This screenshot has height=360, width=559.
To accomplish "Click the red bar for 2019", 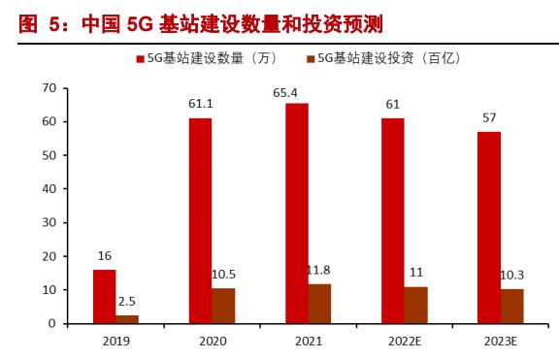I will coord(104,296).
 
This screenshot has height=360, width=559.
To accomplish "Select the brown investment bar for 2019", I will coord(127,318).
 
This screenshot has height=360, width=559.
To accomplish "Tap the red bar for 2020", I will coord(200,221).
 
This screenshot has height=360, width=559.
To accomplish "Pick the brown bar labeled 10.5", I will coord(223,306).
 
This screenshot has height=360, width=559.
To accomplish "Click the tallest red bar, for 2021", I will coord(297,213).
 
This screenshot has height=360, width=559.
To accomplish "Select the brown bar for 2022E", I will coord(416,305).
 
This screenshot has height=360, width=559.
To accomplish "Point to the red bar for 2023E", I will coord(489,228).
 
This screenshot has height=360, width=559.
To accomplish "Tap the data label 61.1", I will coord(202,104).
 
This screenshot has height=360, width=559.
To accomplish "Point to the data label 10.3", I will coord(512,276).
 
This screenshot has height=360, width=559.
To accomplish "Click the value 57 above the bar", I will coord(489,117).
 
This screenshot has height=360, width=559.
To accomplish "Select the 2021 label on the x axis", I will coord(308,341).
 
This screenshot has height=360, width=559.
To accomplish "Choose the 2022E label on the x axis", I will coord(405,341).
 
